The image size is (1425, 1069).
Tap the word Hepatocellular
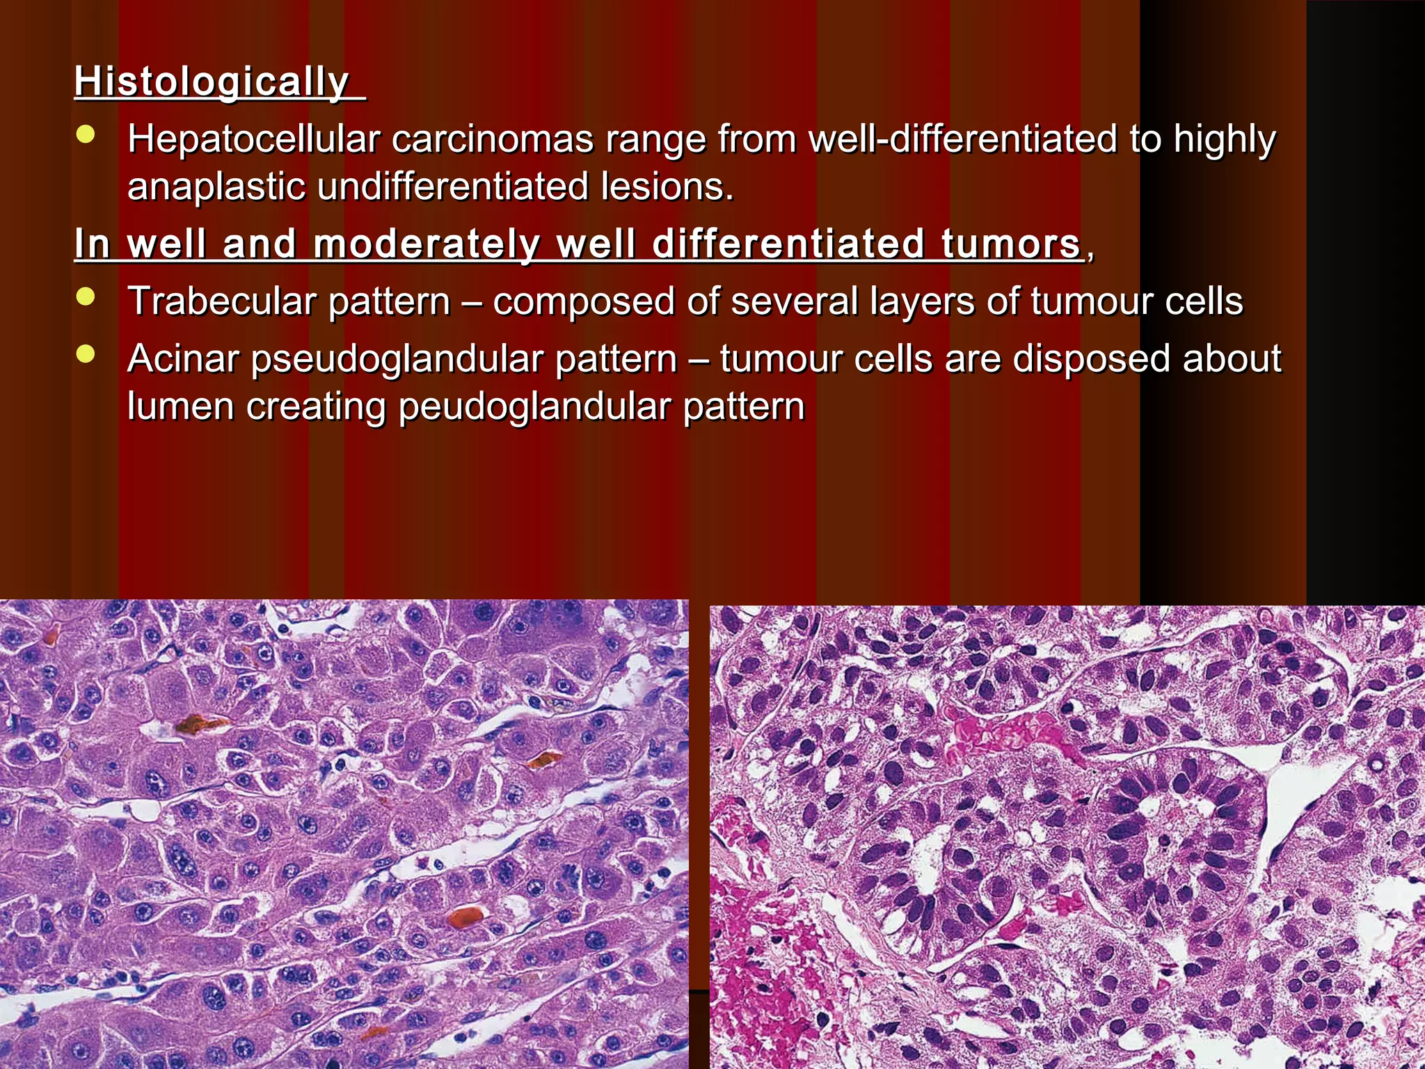coord(253,139)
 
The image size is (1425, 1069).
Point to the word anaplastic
coord(216,187)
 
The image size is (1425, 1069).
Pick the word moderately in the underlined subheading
coord(427,245)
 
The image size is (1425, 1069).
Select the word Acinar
coord(183,359)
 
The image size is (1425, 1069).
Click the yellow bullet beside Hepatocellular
coord(86,135)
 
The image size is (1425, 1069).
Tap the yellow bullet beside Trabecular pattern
coord(86,298)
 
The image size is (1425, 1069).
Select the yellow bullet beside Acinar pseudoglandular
coord(86,355)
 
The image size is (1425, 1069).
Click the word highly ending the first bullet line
coord(1225,139)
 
